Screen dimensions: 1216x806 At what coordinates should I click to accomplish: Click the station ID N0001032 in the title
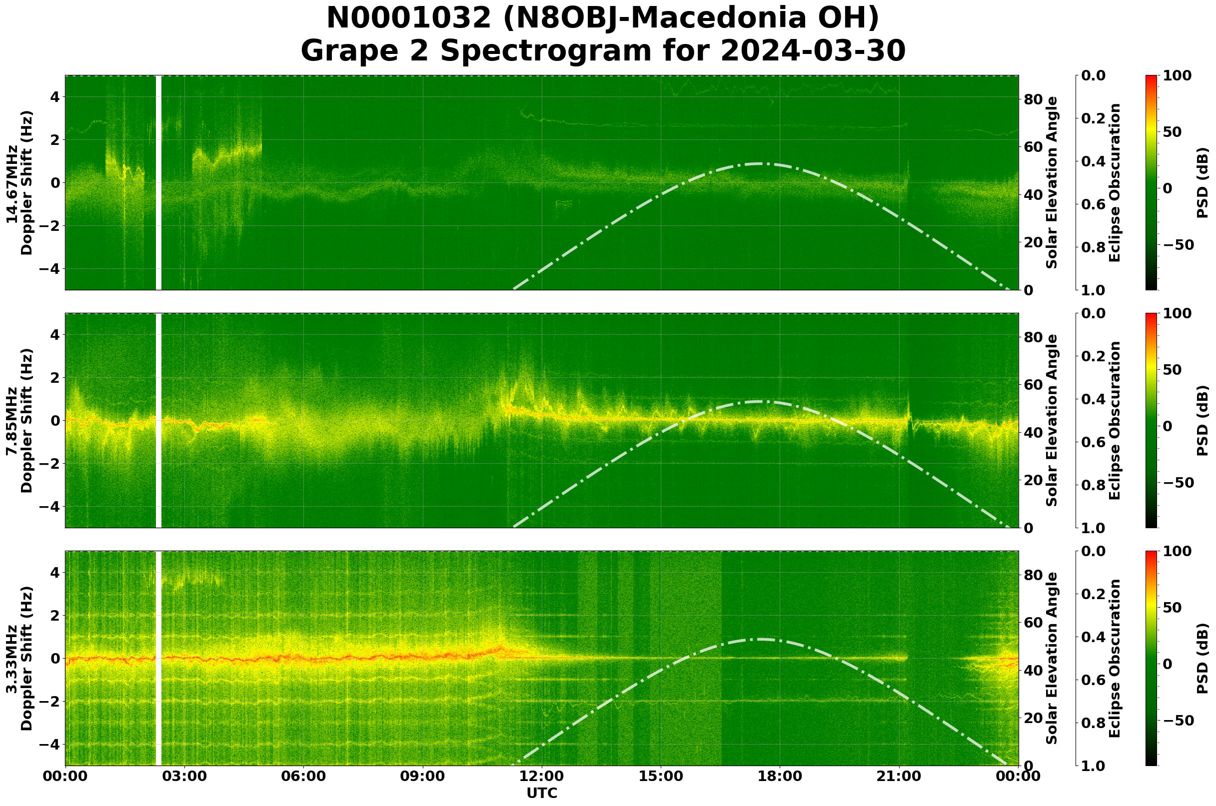410,18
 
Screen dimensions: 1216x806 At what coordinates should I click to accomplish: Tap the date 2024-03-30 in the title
813,51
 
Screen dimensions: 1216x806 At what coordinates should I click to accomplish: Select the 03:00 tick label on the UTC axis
184,776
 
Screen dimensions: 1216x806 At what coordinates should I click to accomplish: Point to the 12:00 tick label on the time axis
542,776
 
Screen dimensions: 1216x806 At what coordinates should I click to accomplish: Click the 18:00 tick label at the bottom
780,776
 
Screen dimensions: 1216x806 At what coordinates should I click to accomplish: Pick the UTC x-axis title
542,793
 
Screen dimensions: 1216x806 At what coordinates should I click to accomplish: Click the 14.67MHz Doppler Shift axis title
19,183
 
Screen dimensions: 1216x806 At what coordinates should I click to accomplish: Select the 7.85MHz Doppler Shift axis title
19,420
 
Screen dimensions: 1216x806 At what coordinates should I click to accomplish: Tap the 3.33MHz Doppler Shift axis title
19,659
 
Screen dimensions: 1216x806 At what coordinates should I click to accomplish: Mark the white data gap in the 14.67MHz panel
158,183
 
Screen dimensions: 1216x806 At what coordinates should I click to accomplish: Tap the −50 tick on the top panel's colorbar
1177,245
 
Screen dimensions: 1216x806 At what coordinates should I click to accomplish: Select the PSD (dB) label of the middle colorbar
1202,420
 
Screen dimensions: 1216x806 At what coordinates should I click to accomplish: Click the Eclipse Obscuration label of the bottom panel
1114,659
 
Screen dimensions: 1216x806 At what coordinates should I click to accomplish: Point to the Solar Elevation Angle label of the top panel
1052,183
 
